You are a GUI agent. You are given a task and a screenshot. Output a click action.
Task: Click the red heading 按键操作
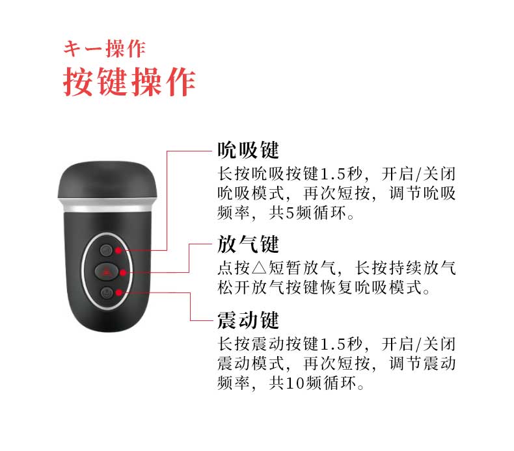pos(129,81)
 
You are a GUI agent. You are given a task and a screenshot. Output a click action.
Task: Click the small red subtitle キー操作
pos(104,49)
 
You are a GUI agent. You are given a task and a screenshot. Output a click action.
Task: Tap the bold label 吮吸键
pos(248,150)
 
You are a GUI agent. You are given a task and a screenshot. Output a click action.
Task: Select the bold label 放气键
pos(248,244)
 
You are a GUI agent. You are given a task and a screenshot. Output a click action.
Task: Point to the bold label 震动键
pos(248,320)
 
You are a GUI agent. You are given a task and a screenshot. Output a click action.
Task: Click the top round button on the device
pos(106,251)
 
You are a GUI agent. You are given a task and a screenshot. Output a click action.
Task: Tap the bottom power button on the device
pos(107,292)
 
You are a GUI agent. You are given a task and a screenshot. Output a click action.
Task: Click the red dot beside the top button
pos(118,251)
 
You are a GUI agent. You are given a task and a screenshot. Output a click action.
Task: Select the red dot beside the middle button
pos(123,272)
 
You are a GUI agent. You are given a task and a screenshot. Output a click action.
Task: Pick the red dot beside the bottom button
pos(118,292)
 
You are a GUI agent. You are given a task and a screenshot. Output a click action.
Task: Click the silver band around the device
pos(107,205)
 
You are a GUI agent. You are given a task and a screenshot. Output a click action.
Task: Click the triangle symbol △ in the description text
pos(259,268)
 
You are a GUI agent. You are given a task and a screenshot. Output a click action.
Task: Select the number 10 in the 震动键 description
pos(295,383)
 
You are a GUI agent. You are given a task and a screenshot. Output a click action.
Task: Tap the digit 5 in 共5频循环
pos(291,213)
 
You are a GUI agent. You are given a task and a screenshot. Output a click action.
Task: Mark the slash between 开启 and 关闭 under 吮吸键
pos(418,174)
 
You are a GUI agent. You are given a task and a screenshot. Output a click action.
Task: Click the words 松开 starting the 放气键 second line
pos(234,288)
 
